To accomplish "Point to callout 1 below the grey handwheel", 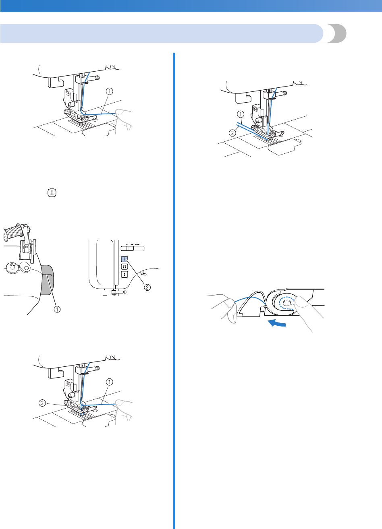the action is [58, 309].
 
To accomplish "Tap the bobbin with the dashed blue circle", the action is [287, 304].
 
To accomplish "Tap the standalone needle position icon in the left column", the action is [50, 193].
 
